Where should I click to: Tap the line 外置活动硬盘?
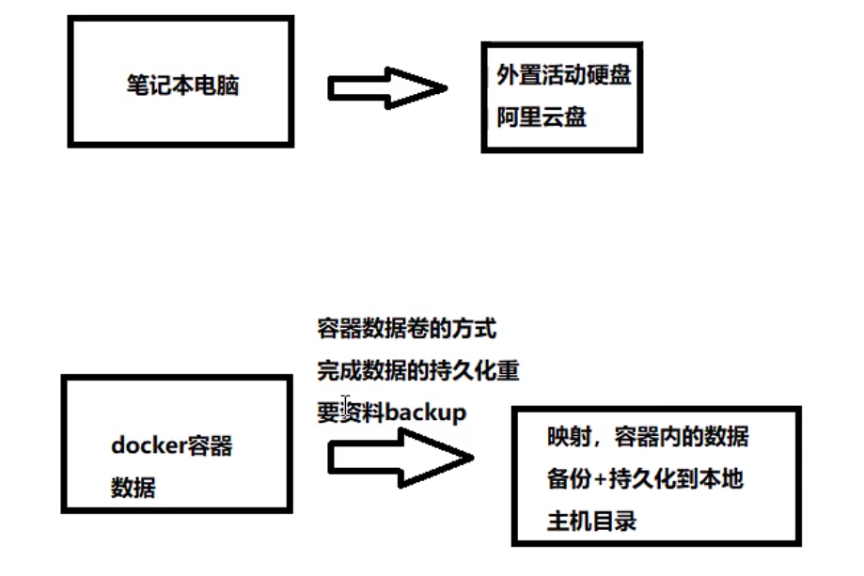[562, 76]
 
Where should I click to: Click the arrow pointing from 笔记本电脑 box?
[386, 87]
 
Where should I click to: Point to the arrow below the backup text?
[400, 459]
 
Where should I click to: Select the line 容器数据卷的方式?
[406, 329]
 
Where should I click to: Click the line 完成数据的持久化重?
[417, 370]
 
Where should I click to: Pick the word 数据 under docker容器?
[134, 488]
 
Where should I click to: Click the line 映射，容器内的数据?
[648, 437]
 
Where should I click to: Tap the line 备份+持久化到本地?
[645, 478]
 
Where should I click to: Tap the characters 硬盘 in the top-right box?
[608, 76]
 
